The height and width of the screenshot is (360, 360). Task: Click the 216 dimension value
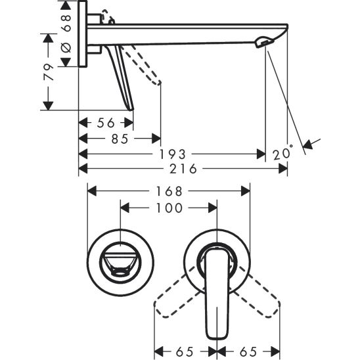(184, 169)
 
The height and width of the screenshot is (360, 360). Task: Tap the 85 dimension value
(120, 139)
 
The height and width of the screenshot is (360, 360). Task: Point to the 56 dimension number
(106, 123)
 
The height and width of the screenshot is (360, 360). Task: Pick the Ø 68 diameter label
(65, 33)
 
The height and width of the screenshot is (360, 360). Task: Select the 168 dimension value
(169, 191)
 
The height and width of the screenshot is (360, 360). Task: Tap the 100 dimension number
(168, 207)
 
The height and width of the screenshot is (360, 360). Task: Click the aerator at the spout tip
(263, 43)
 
